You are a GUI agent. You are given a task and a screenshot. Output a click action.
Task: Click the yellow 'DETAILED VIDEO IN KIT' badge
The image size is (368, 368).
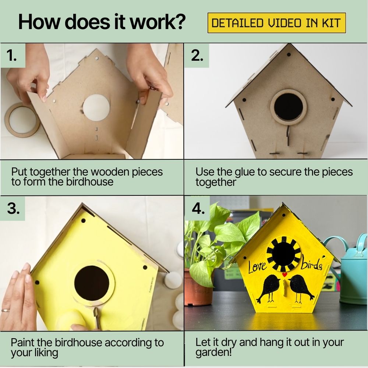tap(277, 23)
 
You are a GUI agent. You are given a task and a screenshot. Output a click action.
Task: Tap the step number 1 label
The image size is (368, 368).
tap(11, 56)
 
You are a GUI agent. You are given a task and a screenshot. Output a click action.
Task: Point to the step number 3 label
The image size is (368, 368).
tap(13, 208)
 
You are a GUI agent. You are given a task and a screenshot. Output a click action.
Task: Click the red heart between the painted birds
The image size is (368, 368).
tap(284, 275)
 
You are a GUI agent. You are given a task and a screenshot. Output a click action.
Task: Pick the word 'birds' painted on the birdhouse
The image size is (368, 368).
tap(312, 265)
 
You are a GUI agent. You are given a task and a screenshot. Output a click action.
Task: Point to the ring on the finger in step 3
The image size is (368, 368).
tap(6, 310)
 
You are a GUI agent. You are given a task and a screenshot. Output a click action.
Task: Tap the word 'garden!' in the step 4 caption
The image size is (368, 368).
tap(213, 353)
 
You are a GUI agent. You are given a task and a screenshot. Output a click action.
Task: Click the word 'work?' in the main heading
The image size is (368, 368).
tap(158, 22)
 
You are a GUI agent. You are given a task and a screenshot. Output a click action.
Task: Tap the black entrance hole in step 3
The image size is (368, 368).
tap(92, 283)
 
